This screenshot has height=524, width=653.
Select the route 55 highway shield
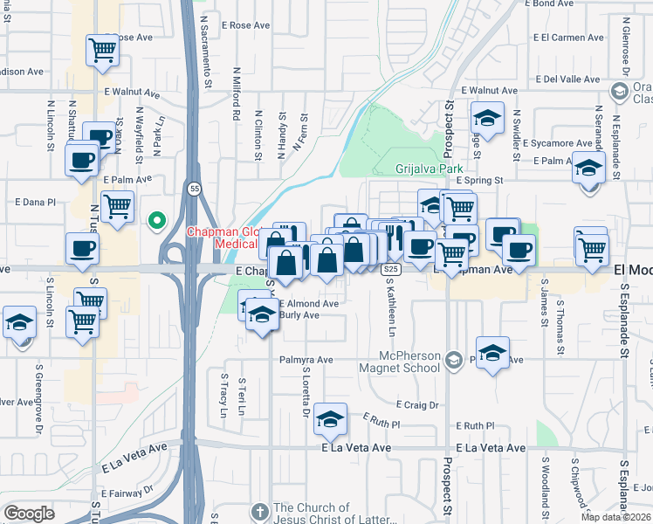(x=193, y=188)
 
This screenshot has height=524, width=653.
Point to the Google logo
(x=29, y=513)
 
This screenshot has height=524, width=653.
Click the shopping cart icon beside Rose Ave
(x=103, y=50)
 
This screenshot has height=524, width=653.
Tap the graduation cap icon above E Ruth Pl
(x=330, y=420)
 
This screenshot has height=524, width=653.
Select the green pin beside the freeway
(x=157, y=221)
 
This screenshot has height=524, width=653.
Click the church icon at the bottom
(x=259, y=510)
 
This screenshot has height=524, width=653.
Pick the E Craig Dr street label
(x=416, y=405)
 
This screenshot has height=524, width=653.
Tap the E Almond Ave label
(x=308, y=303)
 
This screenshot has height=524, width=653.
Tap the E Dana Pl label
(x=35, y=202)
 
